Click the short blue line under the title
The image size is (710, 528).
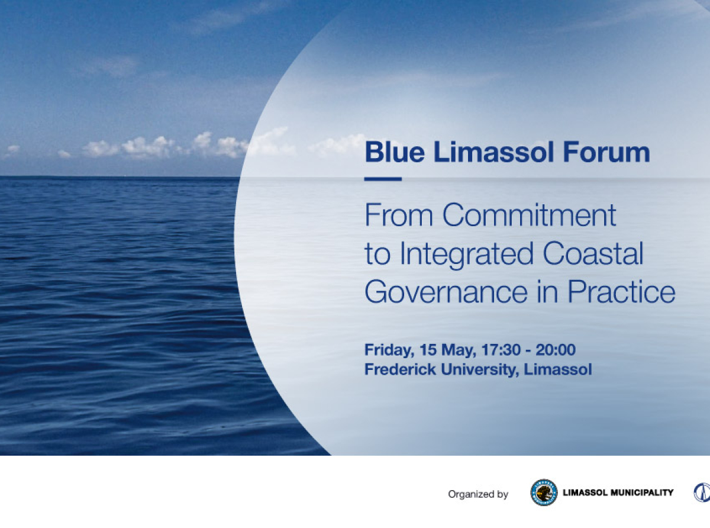click(383, 179)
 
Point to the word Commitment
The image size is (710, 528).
click(530, 215)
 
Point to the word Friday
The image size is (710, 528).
click(387, 350)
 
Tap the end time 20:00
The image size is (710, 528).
click(556, 350)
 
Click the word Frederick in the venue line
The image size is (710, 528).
click(396, 369)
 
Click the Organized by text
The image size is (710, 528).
click(478, 494)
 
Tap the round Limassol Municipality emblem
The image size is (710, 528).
click(544, 492)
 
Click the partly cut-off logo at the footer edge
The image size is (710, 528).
click(702, 492)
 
